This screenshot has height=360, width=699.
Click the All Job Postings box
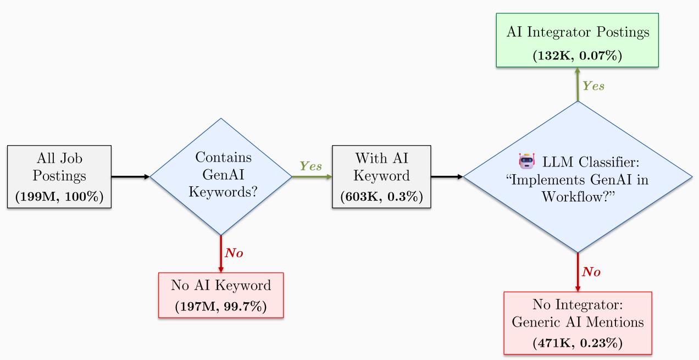59,177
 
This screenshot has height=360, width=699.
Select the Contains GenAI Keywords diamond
221,177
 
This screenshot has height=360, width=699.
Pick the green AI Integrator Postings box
577,40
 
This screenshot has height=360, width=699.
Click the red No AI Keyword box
221,295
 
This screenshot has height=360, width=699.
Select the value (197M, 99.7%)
221,306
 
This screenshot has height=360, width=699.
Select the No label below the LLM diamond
592,271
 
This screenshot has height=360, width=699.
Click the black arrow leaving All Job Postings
131,177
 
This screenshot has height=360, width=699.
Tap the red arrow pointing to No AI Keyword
221,254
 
